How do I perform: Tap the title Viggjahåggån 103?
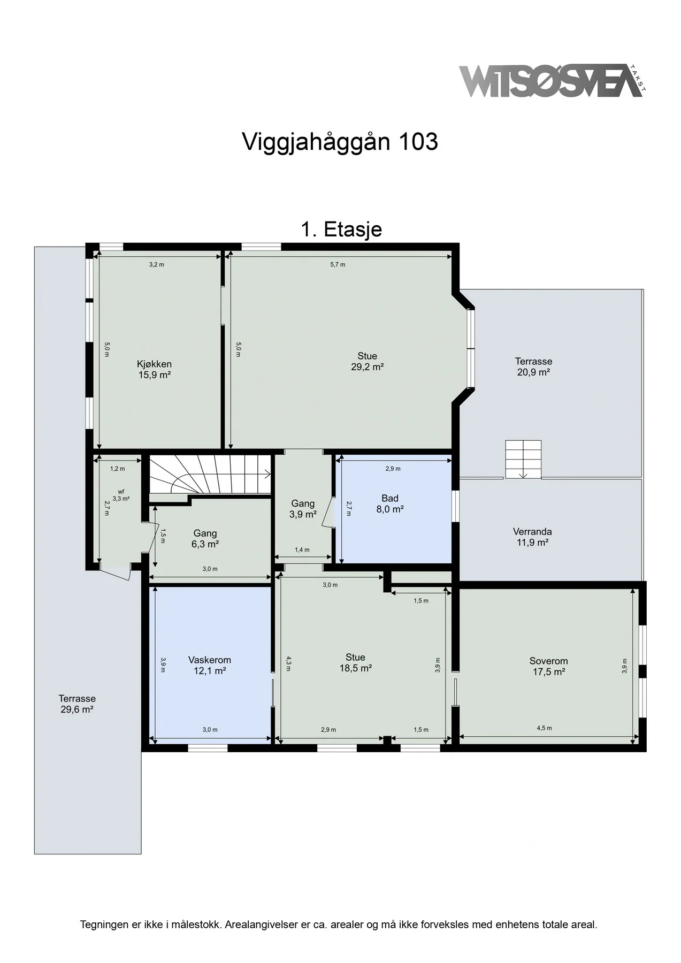click(340, 142)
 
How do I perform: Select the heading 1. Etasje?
click(341, 229)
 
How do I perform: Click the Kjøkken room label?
click(154, 364)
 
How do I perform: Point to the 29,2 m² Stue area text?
click(368, 367)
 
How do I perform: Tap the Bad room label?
click(390, 499)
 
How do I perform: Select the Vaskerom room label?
click(210, 660)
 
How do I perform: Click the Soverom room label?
click(549, 661)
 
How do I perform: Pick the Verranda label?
click(532, 532)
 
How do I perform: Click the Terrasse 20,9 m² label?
click(534, 367)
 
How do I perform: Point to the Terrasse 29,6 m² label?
click(77, 704)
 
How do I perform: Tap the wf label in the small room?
click(121, 491)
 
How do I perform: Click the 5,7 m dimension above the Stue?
click(338, 264)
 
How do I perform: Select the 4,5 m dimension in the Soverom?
click(544, 728)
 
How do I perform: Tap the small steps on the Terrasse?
click(524, 459)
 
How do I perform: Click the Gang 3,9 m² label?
click(303, 509)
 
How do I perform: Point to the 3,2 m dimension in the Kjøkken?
click(157, 264)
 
